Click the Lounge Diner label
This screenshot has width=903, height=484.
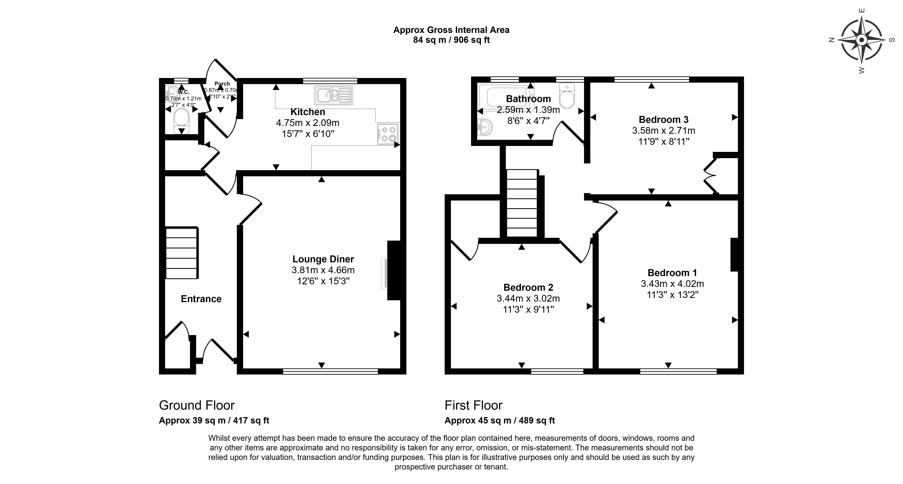point(323,259)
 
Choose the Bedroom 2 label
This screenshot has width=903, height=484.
point(528,287)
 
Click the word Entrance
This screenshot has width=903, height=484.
point(201,299)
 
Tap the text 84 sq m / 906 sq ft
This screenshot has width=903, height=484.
point(451,40)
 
